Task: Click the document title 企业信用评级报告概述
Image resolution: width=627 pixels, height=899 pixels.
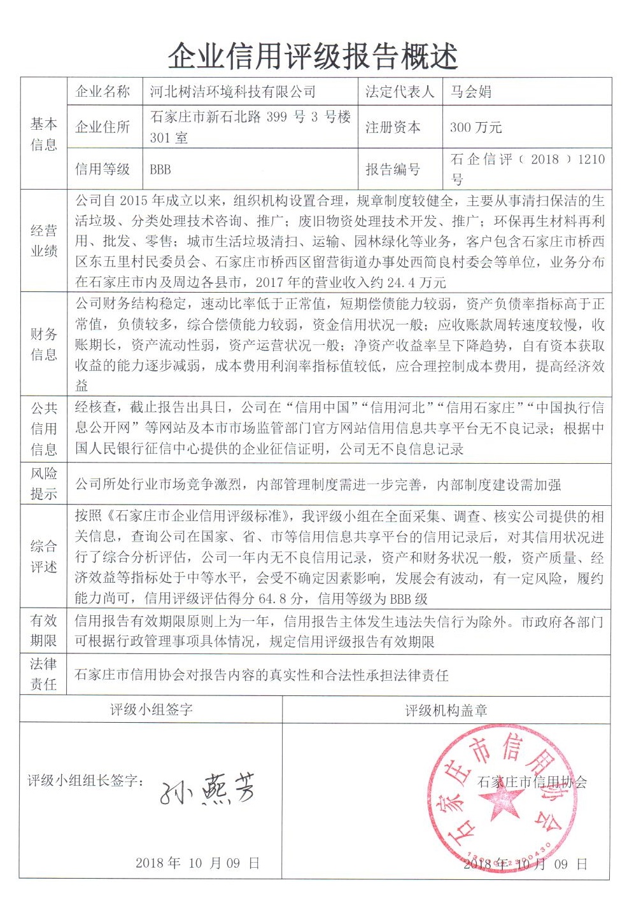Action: click(x=313, y=57)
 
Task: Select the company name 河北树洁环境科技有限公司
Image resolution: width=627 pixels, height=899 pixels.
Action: click(x=232, y=92)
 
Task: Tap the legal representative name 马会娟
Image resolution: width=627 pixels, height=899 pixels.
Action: click(x=470, y=92)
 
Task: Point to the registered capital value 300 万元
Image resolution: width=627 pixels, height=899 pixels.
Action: click(x=476, y=127)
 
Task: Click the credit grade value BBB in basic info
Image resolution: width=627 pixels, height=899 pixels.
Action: click(x=160, y=169)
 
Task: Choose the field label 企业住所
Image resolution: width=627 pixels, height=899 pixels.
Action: click(x=102, y=127)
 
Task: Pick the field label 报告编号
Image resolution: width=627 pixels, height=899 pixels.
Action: click(x=393, y=169)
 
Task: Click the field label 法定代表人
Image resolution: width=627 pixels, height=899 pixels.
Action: click(x=399, y=92)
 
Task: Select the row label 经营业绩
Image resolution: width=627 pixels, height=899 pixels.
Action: click(x=43, y=240)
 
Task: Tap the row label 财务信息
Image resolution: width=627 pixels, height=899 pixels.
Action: click(x=43, y=344)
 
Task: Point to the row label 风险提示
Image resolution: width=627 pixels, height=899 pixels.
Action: click(x=43, y=483)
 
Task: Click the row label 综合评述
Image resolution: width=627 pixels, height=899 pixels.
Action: click(x=43, y=556)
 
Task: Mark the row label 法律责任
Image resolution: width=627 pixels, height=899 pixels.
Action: click(x=43, y=674)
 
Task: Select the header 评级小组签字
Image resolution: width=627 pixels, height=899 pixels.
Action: click(x=151, y=709)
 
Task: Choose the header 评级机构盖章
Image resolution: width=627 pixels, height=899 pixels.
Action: click(x=446, y=710)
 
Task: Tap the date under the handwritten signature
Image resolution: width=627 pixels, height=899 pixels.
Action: click(x=197, y=863)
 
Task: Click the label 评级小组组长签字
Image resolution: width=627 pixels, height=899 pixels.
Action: click(x=85, y=781)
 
